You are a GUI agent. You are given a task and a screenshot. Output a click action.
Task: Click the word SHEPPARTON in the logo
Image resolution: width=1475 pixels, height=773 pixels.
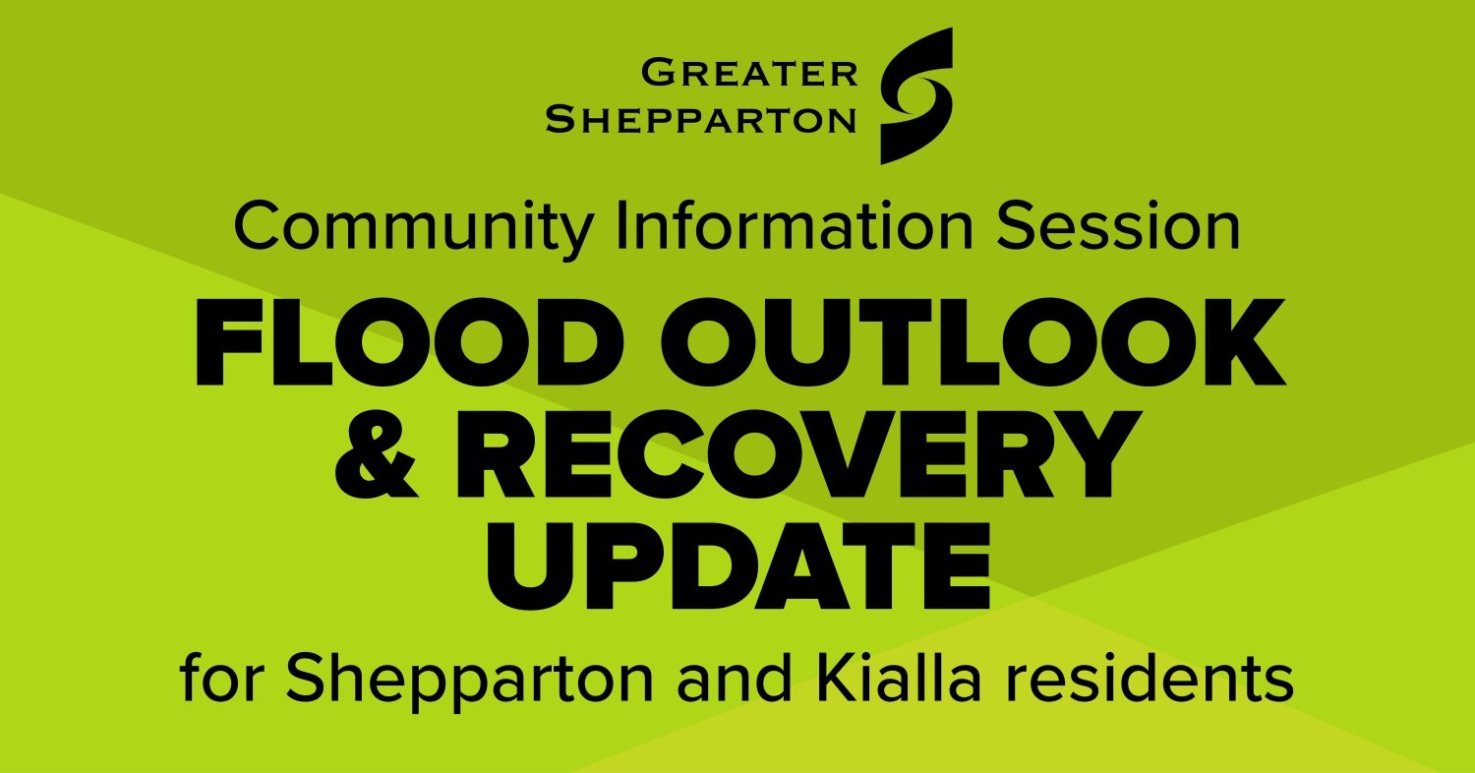[x=701, y=120]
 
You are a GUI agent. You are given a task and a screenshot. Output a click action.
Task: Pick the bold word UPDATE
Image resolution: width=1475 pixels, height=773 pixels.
[x=737, y=564]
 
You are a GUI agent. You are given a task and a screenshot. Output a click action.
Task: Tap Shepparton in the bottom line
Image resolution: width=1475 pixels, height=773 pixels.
[x=471, y=679]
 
